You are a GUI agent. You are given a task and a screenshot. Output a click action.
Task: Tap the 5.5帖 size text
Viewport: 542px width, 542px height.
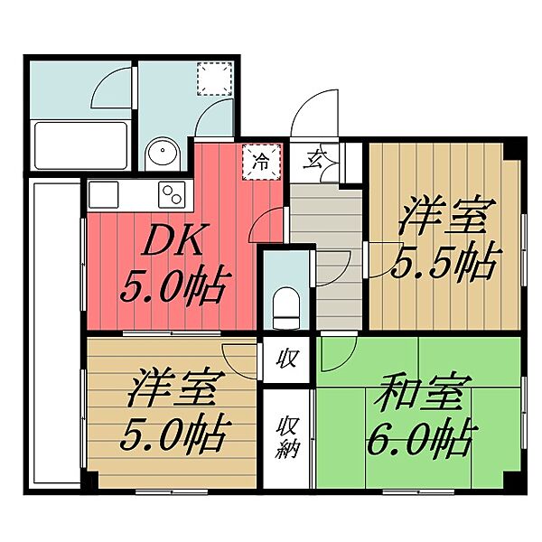tap(444, 262)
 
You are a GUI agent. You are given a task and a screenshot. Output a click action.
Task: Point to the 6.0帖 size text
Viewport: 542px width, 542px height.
tap(416, 441)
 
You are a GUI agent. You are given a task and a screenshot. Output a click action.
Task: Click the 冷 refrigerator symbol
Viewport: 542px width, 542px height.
tap(261, 162)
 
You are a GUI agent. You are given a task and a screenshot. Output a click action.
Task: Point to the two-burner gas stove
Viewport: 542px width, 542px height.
tap(172, 193)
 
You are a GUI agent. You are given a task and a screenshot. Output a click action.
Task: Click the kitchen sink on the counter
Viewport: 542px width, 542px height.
tap(102, 193)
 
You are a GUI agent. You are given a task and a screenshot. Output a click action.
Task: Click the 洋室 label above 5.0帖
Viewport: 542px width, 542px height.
tap(172, 391)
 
